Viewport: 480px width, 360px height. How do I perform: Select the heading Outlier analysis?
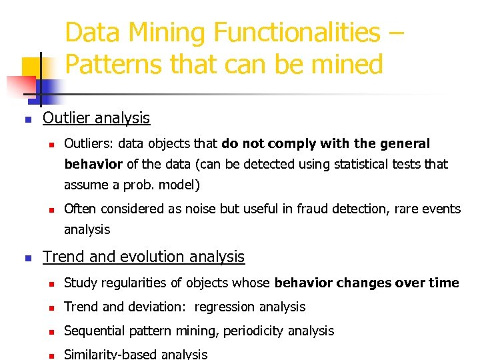pos(96,118)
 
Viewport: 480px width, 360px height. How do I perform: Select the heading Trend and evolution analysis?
pos(143,257)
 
